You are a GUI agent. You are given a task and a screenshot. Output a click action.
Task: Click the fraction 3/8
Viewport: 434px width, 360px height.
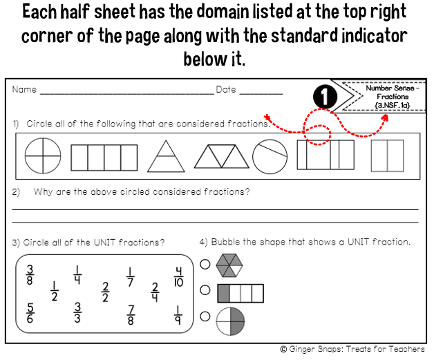tap(30, 275)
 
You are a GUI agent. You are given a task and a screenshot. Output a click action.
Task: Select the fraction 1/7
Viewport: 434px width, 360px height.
tap(130, 276)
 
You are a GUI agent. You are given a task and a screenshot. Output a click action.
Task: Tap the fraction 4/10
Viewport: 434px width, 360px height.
tap(178, 276)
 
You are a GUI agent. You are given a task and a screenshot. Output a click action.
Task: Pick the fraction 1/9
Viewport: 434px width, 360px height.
tap(178, 315)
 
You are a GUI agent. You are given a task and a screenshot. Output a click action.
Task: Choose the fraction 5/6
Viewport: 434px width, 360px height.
tap(30, 313)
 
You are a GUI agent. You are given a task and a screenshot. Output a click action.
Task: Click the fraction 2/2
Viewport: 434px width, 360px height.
tap(105, 292)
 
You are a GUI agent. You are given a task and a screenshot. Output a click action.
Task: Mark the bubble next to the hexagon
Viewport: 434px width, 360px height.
tap(205, 264)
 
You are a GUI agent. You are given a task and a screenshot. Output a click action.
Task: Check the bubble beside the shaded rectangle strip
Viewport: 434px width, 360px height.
tap(205, 290)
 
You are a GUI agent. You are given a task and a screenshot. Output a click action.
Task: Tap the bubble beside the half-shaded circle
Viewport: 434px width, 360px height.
tap(205, 316)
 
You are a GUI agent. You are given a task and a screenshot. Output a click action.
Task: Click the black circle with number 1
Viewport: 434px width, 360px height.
tap(325, 97)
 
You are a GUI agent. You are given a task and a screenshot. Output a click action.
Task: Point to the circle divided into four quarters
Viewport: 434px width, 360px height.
tap(43, 155)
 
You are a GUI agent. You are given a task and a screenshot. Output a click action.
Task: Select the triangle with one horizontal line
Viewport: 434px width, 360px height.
tap(166, 156)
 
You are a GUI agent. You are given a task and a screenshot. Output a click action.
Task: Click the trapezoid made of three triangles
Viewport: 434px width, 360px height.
tap(221, 156)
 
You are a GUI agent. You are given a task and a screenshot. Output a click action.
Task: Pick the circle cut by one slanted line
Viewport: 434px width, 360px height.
tap(270, 157)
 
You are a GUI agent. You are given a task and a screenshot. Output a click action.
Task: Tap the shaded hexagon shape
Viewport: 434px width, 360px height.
tap(229, 265)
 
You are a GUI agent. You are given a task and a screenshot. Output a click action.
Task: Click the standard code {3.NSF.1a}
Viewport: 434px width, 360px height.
tap(393, 105)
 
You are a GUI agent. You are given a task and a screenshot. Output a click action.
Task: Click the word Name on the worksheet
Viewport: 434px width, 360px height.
tap(24, 90)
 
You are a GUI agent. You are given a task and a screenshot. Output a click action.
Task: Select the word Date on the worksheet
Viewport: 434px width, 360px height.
tap(226, 90)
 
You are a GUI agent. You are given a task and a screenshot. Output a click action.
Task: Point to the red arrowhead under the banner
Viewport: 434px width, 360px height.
tap(385, 117)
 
